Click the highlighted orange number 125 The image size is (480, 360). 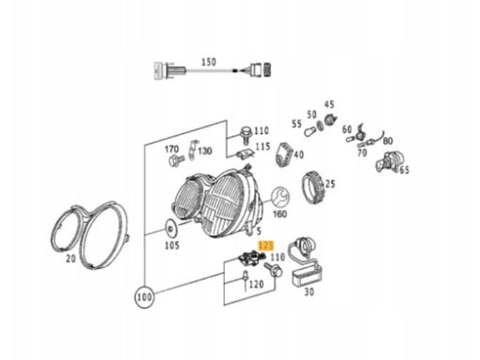coord(266,246)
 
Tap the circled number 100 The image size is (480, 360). coord(144,297)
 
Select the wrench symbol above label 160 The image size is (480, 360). coord(280,198)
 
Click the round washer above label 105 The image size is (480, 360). coord(171,230)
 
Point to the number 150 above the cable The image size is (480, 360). coord(208,62)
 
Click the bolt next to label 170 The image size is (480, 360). coord(176,160)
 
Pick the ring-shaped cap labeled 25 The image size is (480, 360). coord(313,187)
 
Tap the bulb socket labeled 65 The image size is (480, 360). coord(388,162)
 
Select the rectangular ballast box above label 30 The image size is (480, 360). coord(307,275)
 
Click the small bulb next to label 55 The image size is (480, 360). coord(310,130)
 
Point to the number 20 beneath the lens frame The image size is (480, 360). coord(71,259)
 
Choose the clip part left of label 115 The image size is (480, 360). coord(245,154)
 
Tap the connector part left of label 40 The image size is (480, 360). coord(284,155)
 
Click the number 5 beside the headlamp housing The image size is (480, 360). coord(259,232)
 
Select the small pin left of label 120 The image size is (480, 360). coord(246,279)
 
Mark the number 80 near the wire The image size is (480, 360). coord(388,142)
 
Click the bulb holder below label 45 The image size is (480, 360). coord(330,119)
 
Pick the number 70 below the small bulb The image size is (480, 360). coord(362,153)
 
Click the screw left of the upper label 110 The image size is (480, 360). coord(246,135)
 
